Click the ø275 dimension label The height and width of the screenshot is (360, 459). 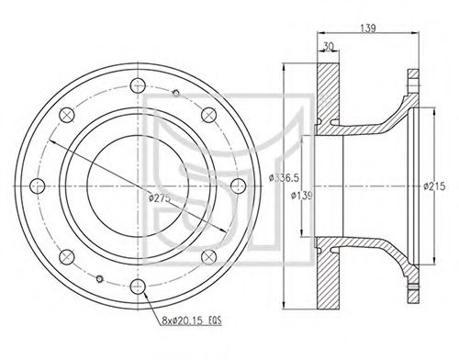pos(159,197)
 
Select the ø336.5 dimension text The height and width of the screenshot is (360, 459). pos(284,177)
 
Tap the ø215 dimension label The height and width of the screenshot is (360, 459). pos(434,186)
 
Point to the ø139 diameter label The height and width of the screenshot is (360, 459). pos(301,195)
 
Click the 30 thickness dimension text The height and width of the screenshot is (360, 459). pos(328,46)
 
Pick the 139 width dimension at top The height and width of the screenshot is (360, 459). pos(367,28)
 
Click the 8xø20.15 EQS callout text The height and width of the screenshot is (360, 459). pos(192,321)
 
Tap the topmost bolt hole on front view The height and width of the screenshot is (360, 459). pos(138,85)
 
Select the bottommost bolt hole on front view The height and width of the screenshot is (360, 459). pos(138,287)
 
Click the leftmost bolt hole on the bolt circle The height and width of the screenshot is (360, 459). pos(38,186)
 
